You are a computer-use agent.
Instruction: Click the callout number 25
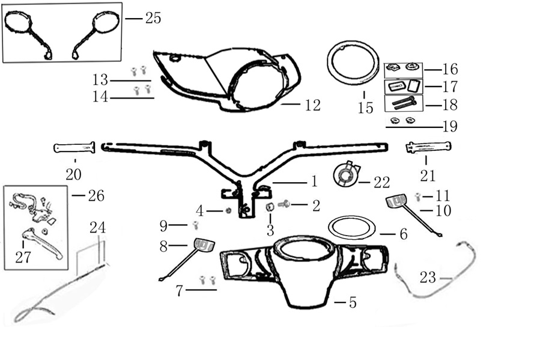pyautogui.click(x=153, y=18)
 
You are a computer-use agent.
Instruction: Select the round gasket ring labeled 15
pyautogui.click(x=353, y=63)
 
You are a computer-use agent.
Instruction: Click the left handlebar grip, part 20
pyautogui.click(x=74, y=147)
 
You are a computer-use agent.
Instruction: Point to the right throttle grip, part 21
pyautogui.click(x=428, y=147)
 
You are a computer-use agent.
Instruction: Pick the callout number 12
pyautogui.click(x=312, y=105)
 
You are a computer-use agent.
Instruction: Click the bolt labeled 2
pyautogui.click(x=284, y=204)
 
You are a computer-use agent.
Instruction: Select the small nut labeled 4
pyautogui.click(x=228, y=210)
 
